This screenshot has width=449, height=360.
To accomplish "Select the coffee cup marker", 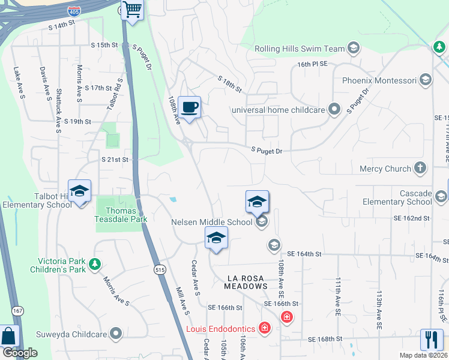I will pos(189,108).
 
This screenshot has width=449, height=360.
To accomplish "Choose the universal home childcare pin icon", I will pos(334,109).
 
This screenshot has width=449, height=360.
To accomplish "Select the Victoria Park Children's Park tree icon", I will pos(94,263).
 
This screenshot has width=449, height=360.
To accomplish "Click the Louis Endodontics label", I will pos(220,328).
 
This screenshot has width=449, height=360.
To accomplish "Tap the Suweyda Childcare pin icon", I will pos(116,334).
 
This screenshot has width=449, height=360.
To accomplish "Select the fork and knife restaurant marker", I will pos(432,340).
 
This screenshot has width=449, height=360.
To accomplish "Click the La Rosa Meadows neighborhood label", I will pos(246,282).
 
